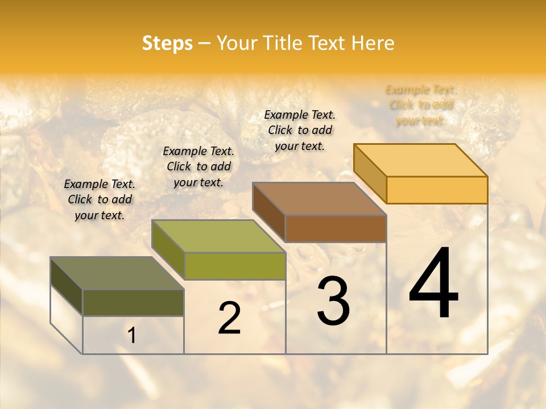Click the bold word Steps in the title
click(167, 43)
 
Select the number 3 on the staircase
click(333, 301)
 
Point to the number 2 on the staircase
click(229, 318)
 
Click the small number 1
click(131, 336)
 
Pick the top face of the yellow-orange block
click(421, 160)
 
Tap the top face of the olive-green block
click(219, 236)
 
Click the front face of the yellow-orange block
click(437, 190)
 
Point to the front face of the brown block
click(336, 228)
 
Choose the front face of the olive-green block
click(235, 266)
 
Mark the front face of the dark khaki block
click(133, 303)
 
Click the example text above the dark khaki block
click(100, 199)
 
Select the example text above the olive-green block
click(198, 166)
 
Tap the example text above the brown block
click(300, 130)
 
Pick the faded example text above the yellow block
click(420, 105)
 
